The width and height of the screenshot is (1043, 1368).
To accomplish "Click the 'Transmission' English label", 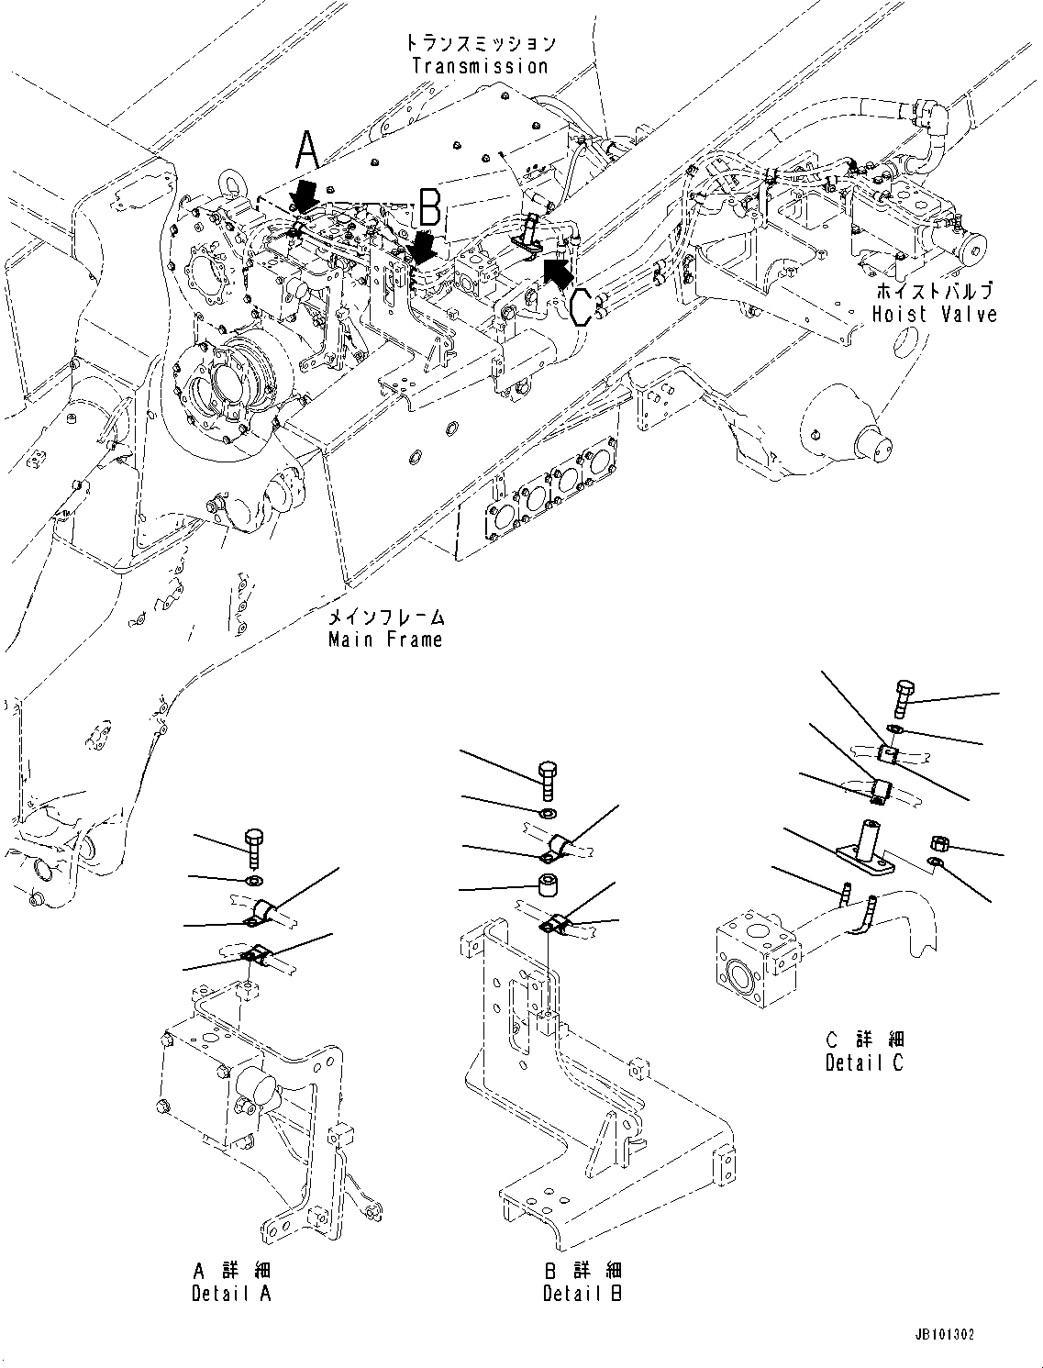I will coord(480,66).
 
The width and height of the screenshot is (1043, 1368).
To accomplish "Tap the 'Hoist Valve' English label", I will coord(934,314).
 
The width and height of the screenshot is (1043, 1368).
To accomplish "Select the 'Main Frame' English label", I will coord(385,640).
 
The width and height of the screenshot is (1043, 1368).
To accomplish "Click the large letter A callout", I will coord(308,150).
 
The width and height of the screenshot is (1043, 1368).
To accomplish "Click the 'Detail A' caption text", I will coord(231,1294).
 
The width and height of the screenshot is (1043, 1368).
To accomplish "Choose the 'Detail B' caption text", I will coord(583,1294).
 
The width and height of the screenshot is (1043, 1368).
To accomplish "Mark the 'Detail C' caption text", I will coord(864,1062).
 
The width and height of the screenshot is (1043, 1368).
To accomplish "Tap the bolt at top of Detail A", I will coord(254,847).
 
